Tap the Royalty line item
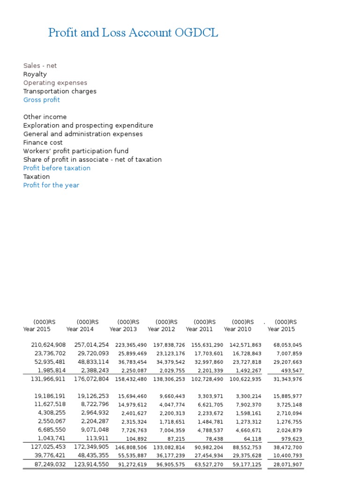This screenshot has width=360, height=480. [x=35, y=75]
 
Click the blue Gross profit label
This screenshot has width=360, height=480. [x=42, y=100]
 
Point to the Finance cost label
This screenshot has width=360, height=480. [x=43, y=142]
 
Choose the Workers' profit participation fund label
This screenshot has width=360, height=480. [x=76, y=151]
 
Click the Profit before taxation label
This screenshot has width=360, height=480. [x=57, y=168]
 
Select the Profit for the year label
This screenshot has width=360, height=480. [x=51, y=185]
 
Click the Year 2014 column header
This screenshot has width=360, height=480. [x=81, y=329]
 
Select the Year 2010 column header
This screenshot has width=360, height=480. [x=238, y=329]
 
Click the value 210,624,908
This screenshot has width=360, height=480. [x=48, y=345]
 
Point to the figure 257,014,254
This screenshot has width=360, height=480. [x=91, y=345]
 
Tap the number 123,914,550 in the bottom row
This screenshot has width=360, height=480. [x=91, y=465]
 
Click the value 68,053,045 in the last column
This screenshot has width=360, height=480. [x=288, y=345]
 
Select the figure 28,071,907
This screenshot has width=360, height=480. [x=288, y=465]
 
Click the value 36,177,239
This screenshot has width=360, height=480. [x=171, y=456]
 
